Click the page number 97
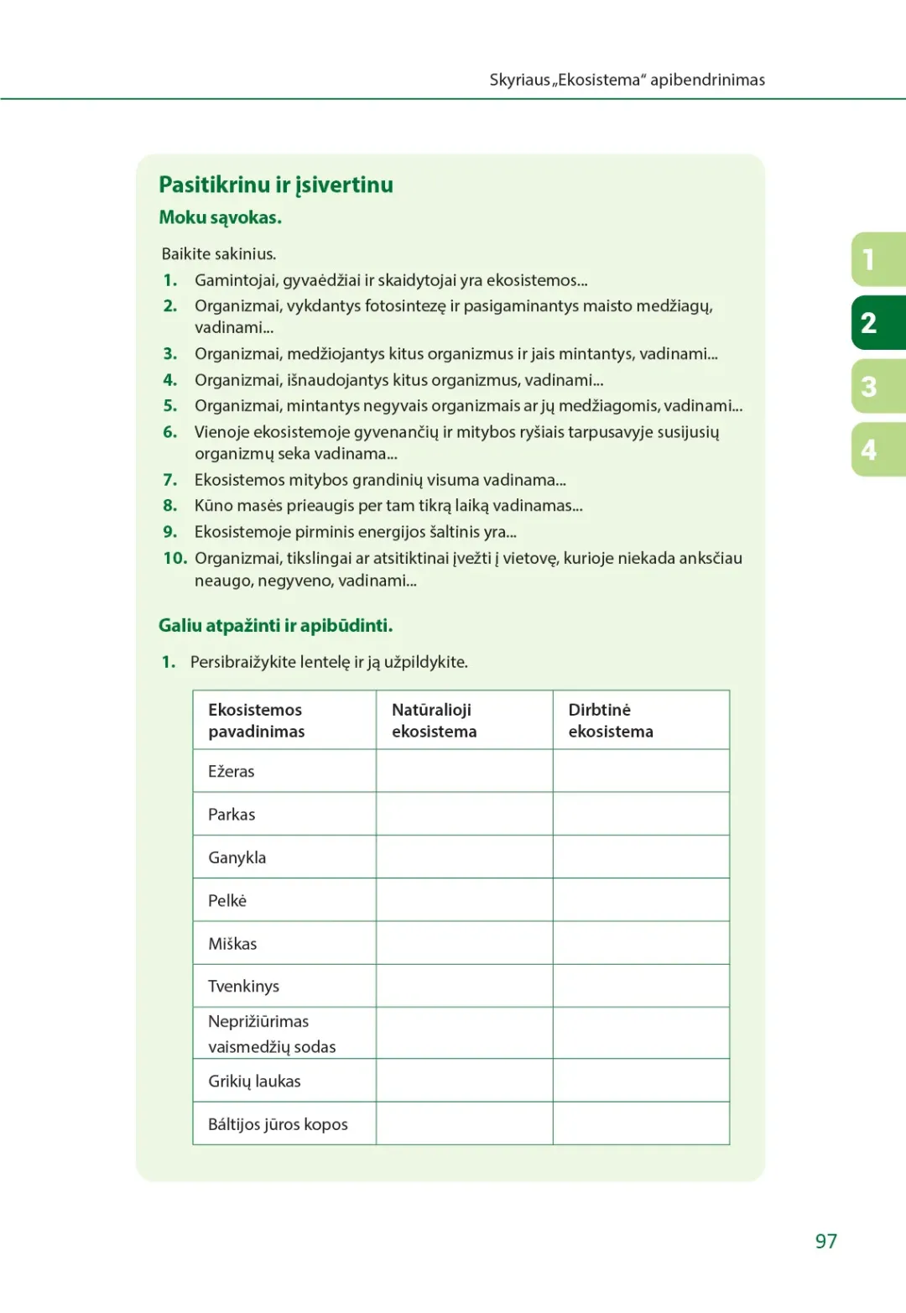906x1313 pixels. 825,1241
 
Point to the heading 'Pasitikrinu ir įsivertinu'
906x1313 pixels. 276,185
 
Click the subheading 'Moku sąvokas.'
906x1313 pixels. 221,218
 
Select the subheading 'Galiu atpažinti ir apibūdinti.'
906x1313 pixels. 276,626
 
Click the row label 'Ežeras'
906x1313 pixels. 232,772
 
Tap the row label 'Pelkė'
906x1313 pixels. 227,901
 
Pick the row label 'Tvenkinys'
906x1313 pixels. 244,987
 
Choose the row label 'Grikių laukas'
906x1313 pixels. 254,1081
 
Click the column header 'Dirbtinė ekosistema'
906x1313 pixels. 611,721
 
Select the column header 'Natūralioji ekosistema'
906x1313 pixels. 434,721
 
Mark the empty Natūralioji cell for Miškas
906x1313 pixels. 464,943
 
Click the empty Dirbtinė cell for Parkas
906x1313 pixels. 641,814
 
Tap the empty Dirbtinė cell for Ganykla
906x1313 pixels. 641,857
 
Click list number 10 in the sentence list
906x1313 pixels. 174,559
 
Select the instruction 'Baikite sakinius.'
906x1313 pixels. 219,254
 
